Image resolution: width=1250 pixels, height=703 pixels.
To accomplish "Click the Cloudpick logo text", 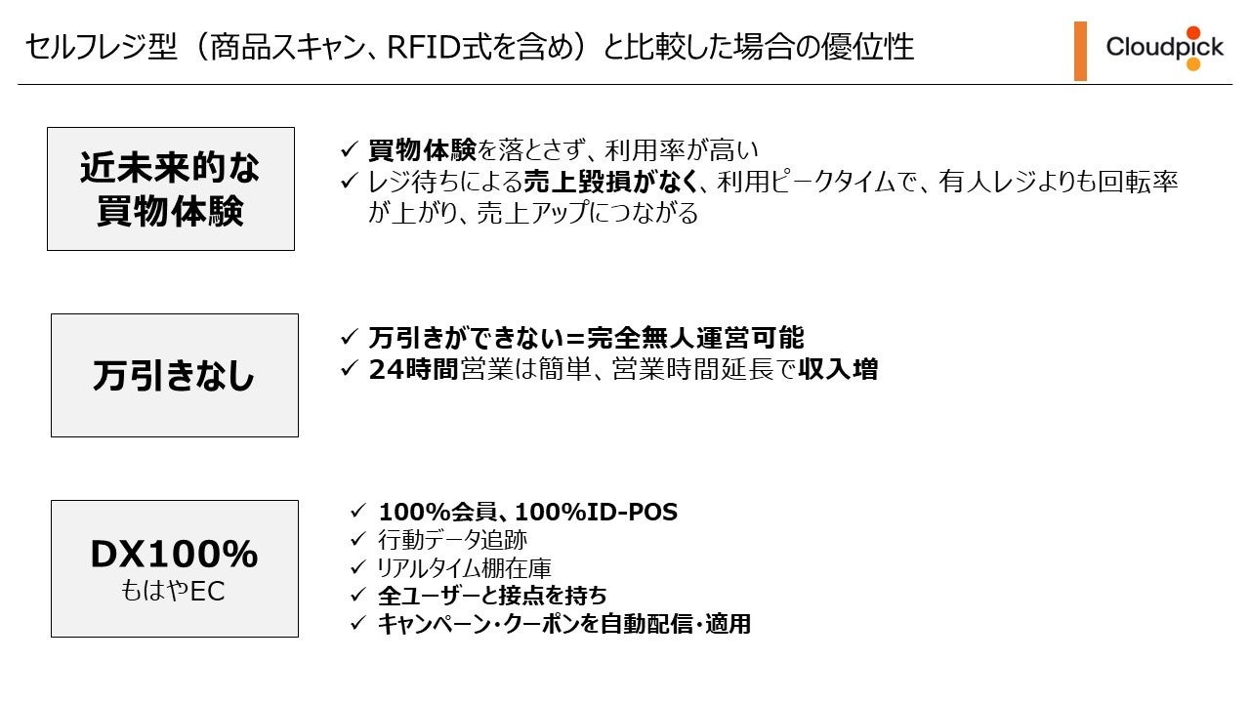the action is tap(1164, 47).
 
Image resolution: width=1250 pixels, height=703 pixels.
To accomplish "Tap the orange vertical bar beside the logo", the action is tap(1080, 51).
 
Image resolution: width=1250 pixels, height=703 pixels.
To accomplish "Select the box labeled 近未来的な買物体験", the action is tap(171, 188).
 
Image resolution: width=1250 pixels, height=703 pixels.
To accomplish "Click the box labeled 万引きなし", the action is tap(174, 375).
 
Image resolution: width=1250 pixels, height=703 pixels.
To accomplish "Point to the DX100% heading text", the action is tap(174, 555).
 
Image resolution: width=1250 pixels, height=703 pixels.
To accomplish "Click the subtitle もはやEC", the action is tap(174, 592).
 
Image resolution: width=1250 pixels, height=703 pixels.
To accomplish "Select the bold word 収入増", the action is tap(838, 370).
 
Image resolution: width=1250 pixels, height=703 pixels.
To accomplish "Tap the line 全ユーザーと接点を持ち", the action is tap(491, 596).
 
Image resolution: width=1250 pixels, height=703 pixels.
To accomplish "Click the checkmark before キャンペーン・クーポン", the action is tap(357, 624).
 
